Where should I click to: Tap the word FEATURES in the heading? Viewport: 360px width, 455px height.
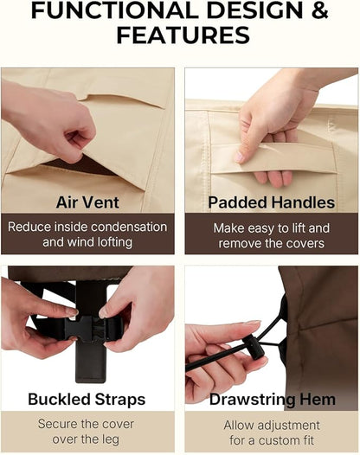[x=183, y=35]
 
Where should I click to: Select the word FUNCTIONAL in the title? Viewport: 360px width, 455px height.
[x=117, y=10]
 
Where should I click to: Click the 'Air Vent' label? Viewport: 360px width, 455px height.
[x=87, y=202]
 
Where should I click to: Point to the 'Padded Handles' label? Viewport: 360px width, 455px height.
[x=272, y=202]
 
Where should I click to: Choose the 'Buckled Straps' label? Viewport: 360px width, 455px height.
[x=87, y=400]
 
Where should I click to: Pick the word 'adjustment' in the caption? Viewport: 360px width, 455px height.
[x=288, y=426]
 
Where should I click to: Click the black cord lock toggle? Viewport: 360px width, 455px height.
[x=254, y=348]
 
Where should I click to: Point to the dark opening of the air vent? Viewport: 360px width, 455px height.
[x=79, y=165]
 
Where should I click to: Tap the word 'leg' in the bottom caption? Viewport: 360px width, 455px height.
[x=110, y=440]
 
